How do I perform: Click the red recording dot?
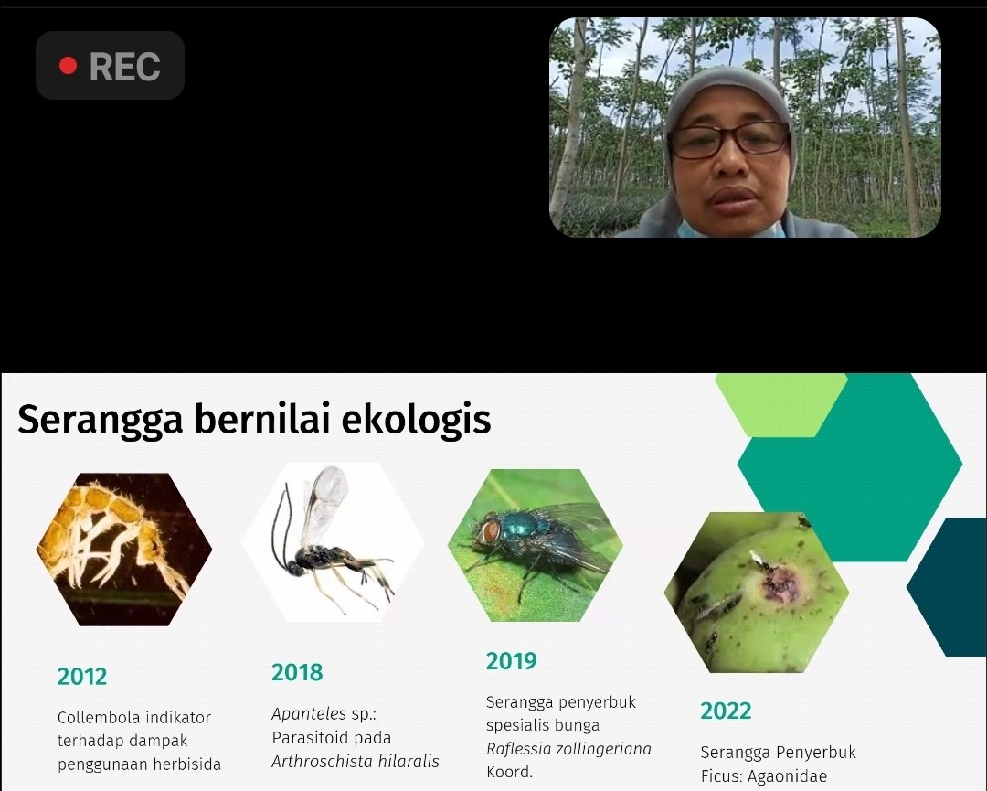pyautogui.click(x=68, y=66)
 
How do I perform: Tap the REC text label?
pyautogui.click(x=124, y=66)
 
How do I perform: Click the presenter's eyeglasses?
pyautogui.click(x=729, y=140)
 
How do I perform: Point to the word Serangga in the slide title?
pyautogui.click(x=101, y=420)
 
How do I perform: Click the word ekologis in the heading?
pyautogui.click(x=416, y=420)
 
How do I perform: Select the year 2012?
pyautogui.click(x=82, y=677)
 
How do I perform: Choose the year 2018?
pyautogui.click(x=297, y=672)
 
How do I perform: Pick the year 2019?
pyautogui.click(x=511, y=660)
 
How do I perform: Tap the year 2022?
pyautogui.click(x=726, y=711)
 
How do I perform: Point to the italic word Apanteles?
pyautogui.click(x=309, y=713)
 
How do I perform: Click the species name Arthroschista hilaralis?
pyautogui.click(x=355, y=762)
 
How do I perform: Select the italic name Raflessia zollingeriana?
pyautogui.click(x=568, y=749)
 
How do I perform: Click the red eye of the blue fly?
pyautogui.click(x=490, y=532)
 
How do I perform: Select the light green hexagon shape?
pyautogui.click(x=780, y=405)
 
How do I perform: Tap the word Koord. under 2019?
pyautogui.click(x=509, y=772)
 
